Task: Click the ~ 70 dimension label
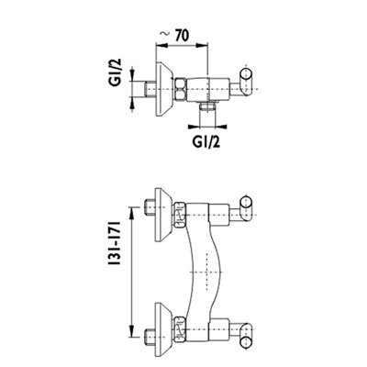click(x=174, y=36)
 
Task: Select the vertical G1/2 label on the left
click(x=116, y=72)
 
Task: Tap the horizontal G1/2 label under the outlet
click(x=206, y=141)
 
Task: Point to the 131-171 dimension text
click(x=115, y=244)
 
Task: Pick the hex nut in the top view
click(x=181, y=89)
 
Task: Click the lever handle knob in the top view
click(x=246, y=82)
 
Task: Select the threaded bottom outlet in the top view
click(x=207, y=106)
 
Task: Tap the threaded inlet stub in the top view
click(x=150, y=89)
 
